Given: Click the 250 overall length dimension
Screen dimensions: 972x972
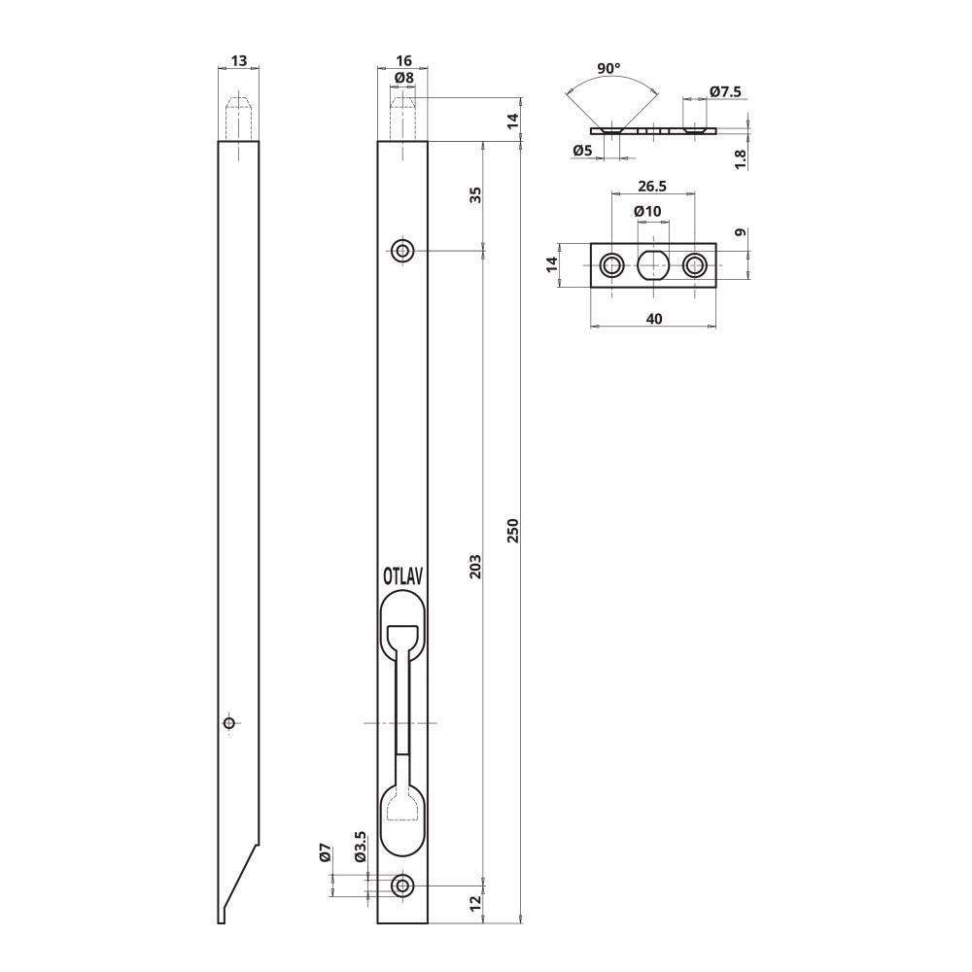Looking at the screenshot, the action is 512,531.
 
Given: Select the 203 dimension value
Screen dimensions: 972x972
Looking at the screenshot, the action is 475,567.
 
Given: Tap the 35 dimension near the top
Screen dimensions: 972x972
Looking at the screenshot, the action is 475,194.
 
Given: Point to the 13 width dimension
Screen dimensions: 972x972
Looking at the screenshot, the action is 239,60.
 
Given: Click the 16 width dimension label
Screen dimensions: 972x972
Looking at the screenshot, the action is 403,60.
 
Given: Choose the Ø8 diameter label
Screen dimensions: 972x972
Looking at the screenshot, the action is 404,78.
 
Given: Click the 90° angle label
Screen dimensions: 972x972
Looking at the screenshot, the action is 608,68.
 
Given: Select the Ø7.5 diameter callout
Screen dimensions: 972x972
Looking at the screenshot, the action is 725,91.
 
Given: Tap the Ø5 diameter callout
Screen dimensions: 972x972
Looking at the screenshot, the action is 583,150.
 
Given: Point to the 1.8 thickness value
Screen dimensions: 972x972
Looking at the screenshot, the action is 741,158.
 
